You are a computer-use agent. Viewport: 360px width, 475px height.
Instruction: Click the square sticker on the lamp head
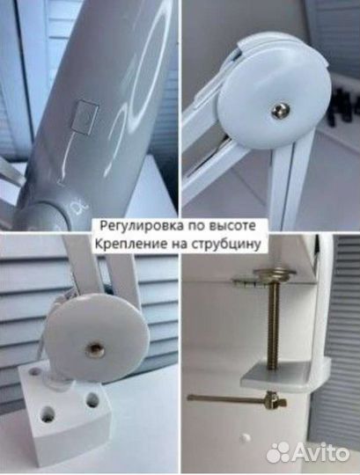tap(85, 116)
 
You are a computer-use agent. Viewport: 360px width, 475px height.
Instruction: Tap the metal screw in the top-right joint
tap(279, 109)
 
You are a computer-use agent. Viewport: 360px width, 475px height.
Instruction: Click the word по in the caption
tap(191, 225)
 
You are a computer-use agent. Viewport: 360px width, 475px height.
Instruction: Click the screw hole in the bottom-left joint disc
tap(94, 350)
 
